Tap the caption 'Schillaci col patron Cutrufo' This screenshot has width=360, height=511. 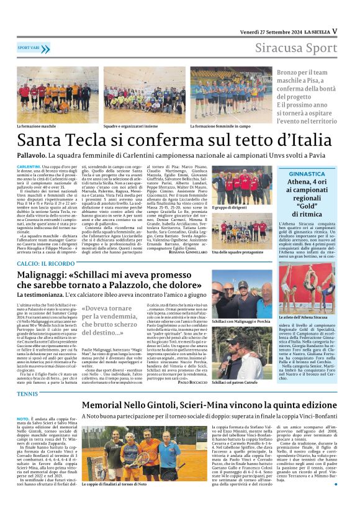234,382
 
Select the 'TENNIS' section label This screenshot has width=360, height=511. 27,394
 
